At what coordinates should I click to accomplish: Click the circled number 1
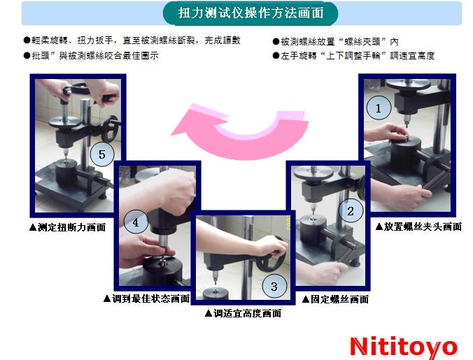point(379,108)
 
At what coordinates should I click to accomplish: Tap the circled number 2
point(351,210)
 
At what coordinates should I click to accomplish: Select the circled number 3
point(274,286)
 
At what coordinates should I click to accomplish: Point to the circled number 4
point(136,222)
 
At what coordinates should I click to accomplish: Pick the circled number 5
point(102,154)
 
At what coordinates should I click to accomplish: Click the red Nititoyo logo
point(404,347)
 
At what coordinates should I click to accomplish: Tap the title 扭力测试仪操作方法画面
point(250,13)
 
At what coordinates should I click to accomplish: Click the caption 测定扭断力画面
point(67,227)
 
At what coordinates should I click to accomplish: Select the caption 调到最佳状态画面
point(146,298)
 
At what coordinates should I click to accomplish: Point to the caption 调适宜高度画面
point(243,313)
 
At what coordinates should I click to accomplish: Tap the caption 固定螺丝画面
point(335,299)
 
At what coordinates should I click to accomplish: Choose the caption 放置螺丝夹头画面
point(418,226)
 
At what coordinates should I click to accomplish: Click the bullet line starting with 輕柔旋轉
point(132,41)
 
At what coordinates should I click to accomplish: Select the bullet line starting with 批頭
point(91,56)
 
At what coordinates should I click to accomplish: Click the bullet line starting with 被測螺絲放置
point(335,41)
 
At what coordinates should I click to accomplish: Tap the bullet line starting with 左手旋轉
point(353,56)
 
